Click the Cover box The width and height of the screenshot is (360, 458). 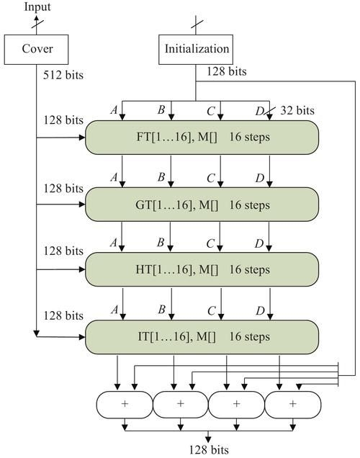[36, 49]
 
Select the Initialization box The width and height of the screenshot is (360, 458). [197, 49]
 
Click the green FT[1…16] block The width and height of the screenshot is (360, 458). [202, 137]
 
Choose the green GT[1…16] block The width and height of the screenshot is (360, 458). [202, 205]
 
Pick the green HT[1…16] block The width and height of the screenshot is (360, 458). [202, 269]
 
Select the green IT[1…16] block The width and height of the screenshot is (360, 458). [202, 336]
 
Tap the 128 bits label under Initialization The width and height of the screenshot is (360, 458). [226, 72]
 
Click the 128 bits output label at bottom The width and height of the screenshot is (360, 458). [209, 450]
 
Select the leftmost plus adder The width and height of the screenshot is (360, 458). [125, 404]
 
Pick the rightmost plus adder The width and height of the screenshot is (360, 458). [292, 404]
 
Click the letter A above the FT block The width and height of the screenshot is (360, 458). [112, 110]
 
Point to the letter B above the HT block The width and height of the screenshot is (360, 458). [161, 245]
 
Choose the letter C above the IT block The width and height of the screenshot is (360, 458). [210, 311]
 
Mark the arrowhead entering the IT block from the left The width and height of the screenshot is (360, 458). [81, 335]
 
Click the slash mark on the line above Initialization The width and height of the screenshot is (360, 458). [197, 24]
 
